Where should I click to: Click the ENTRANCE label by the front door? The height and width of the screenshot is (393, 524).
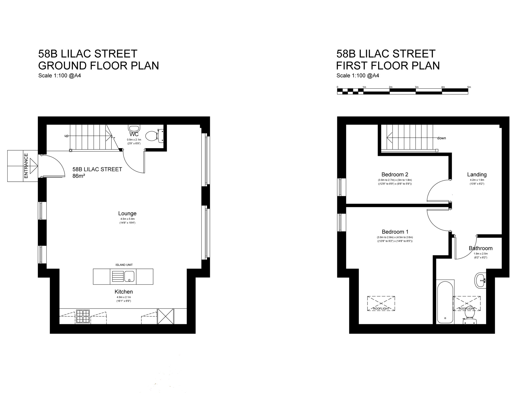click(x=26, y=166)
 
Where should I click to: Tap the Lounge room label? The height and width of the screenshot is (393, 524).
click(x=127, y=213)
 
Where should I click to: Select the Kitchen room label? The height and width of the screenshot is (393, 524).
click(x=124, y=292)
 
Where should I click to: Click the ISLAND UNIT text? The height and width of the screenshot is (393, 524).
click(x=124, y=265)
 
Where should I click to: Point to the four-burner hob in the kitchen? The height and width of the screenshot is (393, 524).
click(x=83, y=316)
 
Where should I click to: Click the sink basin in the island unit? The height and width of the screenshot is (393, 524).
click(x=129, y=276)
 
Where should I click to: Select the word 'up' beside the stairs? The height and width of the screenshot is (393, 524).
click(x=67, y=136)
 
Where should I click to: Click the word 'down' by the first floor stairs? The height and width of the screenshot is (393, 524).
click(x=441, y=138)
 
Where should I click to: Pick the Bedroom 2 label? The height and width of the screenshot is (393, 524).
click(x=395, y=174)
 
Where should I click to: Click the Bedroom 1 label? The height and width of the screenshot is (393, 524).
click(x=395, y=232)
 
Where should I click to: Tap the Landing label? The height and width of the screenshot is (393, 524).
click(x=477, y=174)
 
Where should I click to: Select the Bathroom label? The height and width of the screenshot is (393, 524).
click(x=481, y=248)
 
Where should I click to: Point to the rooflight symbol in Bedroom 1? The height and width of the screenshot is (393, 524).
click(x=381, y=303)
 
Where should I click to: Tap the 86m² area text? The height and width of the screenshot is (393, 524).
click(x=79, y=176)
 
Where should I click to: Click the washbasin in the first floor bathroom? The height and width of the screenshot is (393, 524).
click(x=480, y=280)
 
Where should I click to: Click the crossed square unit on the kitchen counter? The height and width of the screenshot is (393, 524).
click(x=166, y=316)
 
